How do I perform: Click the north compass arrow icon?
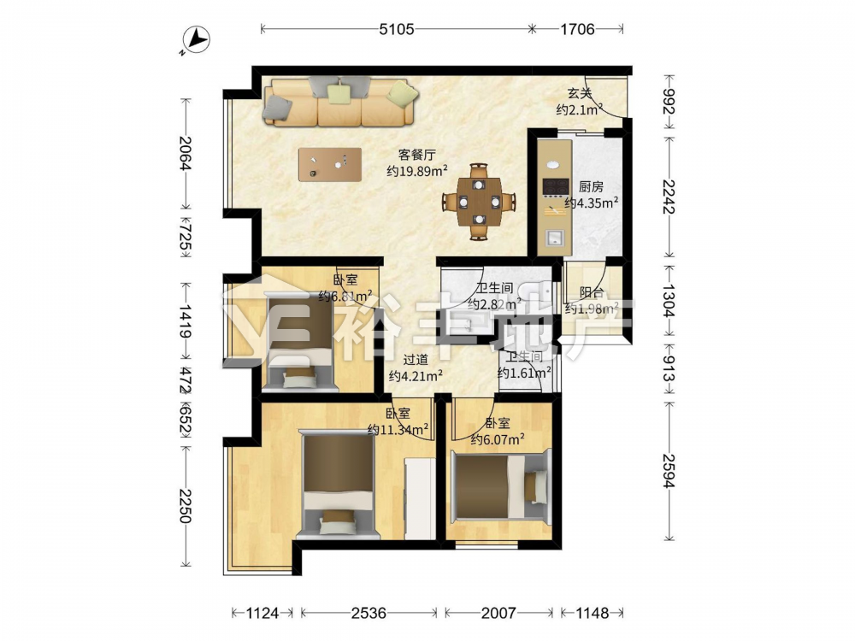point(197,40)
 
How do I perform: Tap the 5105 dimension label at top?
point(397,29)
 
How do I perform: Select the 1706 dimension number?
point(577,29)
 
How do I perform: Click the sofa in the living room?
point(340,102)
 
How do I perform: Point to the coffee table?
point(330,165)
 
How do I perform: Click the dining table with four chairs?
point(479,201)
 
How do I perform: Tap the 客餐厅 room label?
point(417,156)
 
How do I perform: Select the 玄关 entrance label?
point(579,94)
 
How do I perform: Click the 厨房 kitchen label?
point(591,187)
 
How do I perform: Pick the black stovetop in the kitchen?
point(556,187)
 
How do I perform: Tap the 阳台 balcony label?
point(592,292)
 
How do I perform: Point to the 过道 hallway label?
point(416,360)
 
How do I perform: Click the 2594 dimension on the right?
point(669,471)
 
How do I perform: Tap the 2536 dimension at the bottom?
point(369,613)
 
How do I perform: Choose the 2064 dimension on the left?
point(186,153)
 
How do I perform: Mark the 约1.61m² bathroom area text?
point(524,373)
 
